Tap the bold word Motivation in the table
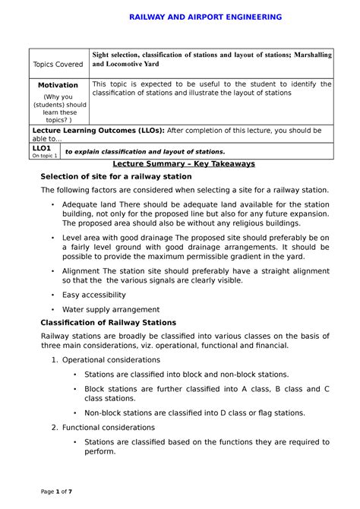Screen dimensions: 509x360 [x=58, y=85]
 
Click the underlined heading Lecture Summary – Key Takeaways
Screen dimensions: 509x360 [x=184, y=163]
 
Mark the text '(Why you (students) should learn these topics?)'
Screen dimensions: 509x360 [x=58, y=107]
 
